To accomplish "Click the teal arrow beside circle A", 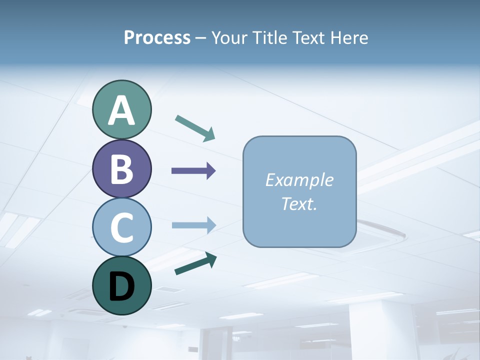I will click(x=195, y=128).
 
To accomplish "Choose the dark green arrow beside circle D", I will click(x=195, y=263).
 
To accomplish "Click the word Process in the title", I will click(x=157, y=38).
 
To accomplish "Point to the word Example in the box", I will click(x=299, y=180).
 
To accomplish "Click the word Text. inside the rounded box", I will click(x=299, y=203).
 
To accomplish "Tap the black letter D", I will click(x=121, y=285).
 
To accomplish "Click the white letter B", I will click(x=121, y=169).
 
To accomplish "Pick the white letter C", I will click(x=121, y=227).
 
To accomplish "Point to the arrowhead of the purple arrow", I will click(x=211, y=171).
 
